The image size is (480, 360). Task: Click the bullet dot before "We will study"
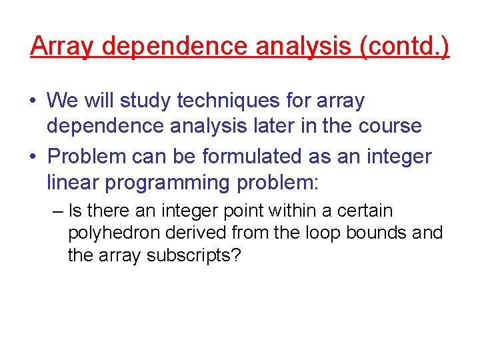[x=33, y=102]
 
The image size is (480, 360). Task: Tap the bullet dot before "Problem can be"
[x=33, y=157]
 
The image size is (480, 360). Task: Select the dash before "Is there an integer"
[x=57, y=212]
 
